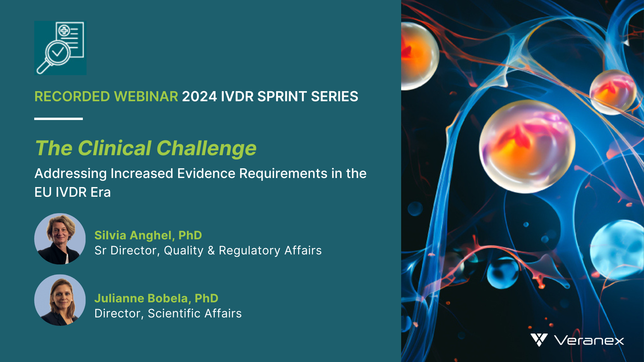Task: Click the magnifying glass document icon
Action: tap(60, 48)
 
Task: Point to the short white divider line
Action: tap(58, 119)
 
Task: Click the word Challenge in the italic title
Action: tap(206, 148)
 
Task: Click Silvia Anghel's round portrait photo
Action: tap(60, 239)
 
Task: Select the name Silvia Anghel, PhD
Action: tap(148, 235)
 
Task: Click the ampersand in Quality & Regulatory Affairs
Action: tap(211, 251)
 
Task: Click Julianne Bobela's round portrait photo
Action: tap(60, 300)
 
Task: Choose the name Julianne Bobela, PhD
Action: tap(156, 298)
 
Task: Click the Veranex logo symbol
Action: tap(539, 340)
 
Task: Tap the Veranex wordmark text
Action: tap(589, 341)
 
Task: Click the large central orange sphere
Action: tap(527, 146)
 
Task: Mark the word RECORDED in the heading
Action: tap(72, 97)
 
